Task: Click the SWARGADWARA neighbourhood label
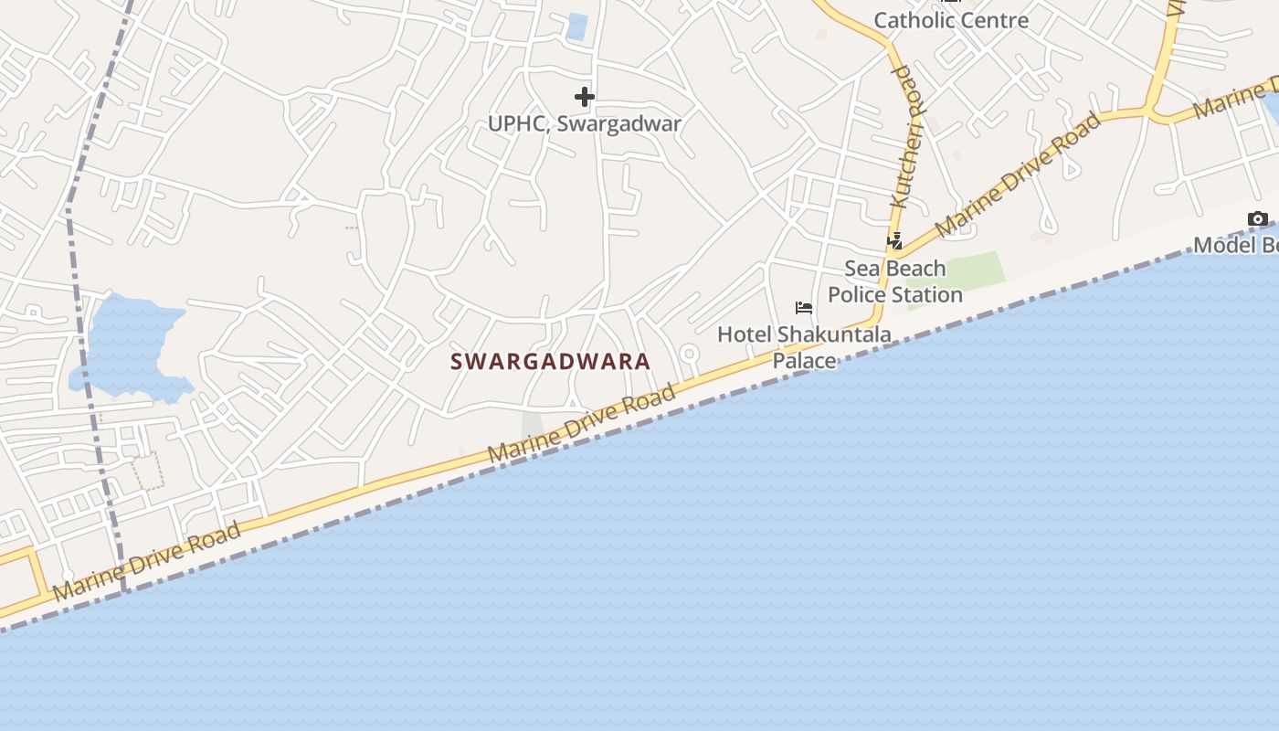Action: (x=550, y=361)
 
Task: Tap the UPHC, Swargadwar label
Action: (x=585, y=123)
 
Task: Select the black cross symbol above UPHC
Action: (x=585, y=97)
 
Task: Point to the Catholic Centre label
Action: (x=951, y=20)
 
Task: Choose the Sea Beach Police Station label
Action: (x=894, y=281)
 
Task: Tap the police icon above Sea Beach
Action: (x=895, y=241)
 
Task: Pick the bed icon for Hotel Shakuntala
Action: (x=804, y=307)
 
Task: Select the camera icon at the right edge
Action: (x=1258, y=219)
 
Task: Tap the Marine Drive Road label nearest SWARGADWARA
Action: (x=582, y=423)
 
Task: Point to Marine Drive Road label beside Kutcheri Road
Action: (x=1018, y=175)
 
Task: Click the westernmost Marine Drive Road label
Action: (x=147, y=561)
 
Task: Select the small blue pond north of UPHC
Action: (x=576, y=26)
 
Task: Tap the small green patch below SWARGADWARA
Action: (x=532, y=426)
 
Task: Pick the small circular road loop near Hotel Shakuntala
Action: (x=689, y=353)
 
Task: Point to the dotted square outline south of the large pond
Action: (x=147, y=470)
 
